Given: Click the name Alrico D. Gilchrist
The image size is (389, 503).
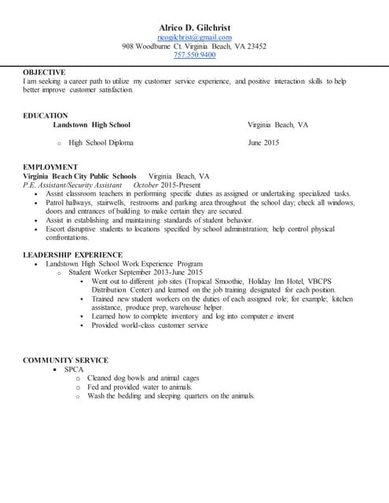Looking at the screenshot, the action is [x=194, y=28].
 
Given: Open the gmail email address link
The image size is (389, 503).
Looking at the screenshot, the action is [x=194, y=37].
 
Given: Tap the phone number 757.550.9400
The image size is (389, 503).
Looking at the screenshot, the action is [x=194, y=55].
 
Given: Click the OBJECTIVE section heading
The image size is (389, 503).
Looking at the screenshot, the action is [x=44, y=72].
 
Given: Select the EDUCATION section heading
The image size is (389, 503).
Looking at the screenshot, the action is [x=46, y=116].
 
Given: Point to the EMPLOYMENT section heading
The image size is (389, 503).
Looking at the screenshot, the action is [x=50, y=167].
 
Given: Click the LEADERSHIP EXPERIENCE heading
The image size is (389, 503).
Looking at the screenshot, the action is [x=72, y=255].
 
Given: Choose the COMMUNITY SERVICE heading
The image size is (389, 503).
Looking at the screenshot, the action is [x=65, y=360].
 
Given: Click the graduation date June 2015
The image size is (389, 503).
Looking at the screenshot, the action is [x=263, y=143].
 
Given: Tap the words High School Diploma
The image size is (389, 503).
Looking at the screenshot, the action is [x=101, y=143].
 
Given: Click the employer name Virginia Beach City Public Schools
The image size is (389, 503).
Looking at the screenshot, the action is [x=80, y=176].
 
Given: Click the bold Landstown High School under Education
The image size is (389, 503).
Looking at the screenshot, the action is [x=91, y=125].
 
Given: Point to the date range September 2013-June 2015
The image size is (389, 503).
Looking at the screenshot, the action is [x=160, y=272].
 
